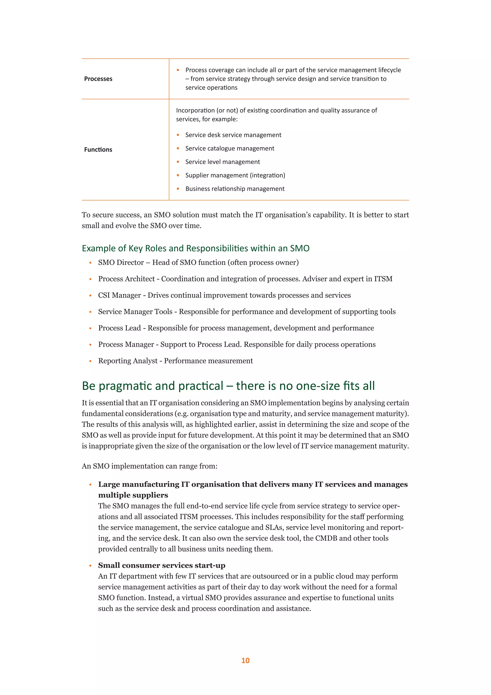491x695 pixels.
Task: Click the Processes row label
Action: pos(98,79)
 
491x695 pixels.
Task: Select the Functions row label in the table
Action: pos(98,150)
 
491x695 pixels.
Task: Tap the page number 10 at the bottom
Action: pos(245,660)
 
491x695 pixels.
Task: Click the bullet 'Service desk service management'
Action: pos(233,135)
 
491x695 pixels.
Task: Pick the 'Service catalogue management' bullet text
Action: pos(229,148)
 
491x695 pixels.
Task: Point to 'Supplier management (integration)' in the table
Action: pos(235,175)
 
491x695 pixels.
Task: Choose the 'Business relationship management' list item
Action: pos(235,189)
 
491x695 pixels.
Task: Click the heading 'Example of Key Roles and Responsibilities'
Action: pos(195,248)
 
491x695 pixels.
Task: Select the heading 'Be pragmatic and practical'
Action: pos(228,386)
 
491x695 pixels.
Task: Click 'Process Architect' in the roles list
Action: pos(126,279)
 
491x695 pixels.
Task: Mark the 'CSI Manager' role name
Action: pos(119,295)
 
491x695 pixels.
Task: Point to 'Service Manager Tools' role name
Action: pos(135,312)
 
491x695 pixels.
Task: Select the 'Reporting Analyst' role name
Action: pos(128,361)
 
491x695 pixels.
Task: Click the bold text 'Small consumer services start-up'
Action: pos(161,565)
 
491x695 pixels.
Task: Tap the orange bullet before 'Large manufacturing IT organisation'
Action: pos(90,485)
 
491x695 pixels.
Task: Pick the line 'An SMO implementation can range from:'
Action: pos(149,466)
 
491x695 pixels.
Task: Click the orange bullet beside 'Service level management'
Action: pos(178,162)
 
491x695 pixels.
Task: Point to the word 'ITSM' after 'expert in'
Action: pos(383,279)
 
